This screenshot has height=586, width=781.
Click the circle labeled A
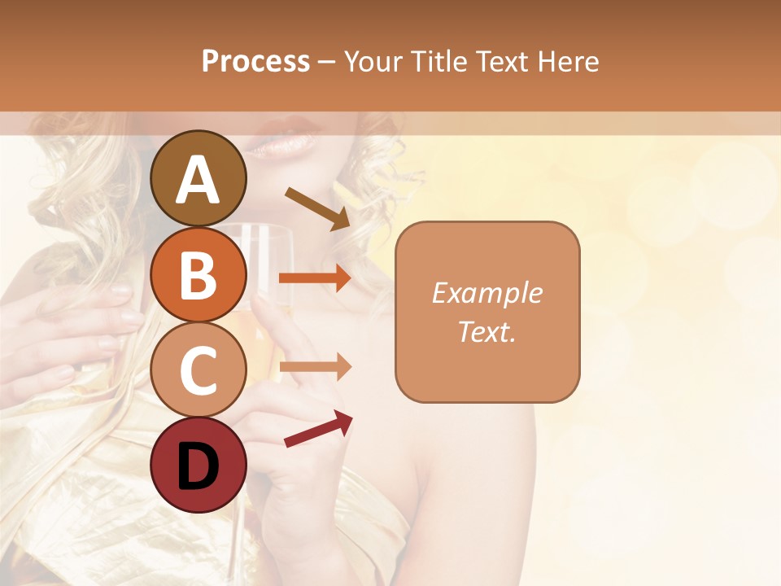click(x=199, y=178)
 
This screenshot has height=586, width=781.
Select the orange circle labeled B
click(x=199, y=274)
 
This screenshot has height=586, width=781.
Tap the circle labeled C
click(x=199, y=370)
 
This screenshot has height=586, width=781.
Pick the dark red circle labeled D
click(x=199, y=465)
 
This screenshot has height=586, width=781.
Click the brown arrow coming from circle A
click(x=317, y=208)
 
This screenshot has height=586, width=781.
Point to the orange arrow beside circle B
click(x=315, y=278)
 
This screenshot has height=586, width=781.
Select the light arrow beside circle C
click(x=315, y=367)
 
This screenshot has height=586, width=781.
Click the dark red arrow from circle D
click(x=318, y=428)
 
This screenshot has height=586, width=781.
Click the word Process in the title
click(x=255, y=61)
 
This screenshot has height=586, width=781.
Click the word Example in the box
click(x=487, y=293)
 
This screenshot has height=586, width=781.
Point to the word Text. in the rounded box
click(x=487, y=331)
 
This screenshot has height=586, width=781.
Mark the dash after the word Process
click(x=327, y=62)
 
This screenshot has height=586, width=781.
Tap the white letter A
click(x=199, y=180)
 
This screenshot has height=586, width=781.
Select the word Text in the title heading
click(x=502, y=61)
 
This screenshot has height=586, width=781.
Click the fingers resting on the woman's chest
click(x=98, y=317)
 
